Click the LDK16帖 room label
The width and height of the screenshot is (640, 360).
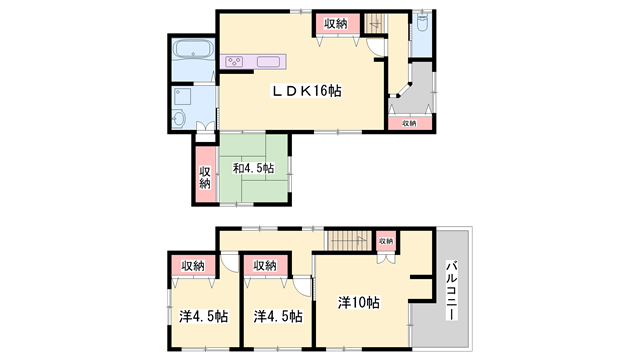[x=308, y=91]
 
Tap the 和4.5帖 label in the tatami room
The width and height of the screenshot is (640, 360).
[x=253, y=168]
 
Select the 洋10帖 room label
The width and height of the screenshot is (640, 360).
[x=358, y=301]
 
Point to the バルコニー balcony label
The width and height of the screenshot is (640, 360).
[x=451, y=290]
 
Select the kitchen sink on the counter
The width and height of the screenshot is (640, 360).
[x=269, y=62]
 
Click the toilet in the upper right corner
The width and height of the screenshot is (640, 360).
[x=422, y=24]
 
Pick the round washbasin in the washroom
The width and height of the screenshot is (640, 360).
[x=179, y=119]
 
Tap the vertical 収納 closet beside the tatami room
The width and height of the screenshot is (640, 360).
[x=204, y=177]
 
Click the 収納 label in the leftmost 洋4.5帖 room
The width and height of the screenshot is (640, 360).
[x=192, y=265]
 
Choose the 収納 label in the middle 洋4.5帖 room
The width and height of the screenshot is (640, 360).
[x=264, y=265]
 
